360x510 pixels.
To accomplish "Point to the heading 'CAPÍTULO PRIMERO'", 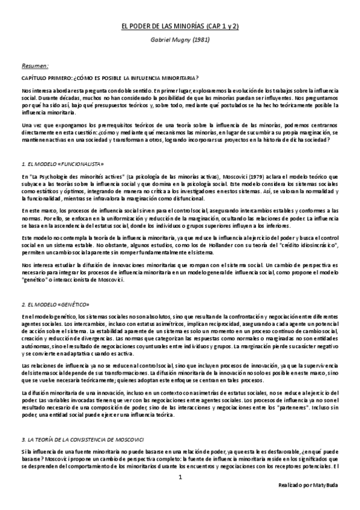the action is click(x=46, y=78).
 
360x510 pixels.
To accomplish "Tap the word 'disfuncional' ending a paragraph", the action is click(x=191, y=198).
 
